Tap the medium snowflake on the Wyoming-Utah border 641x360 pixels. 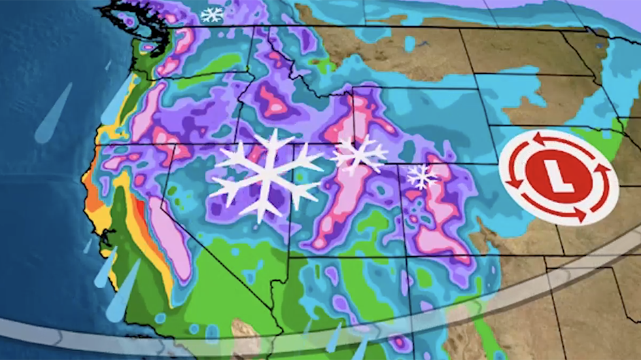coord(358,155)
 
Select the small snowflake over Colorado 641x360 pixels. coord(422,176)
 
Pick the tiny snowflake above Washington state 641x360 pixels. coord(211,14)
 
